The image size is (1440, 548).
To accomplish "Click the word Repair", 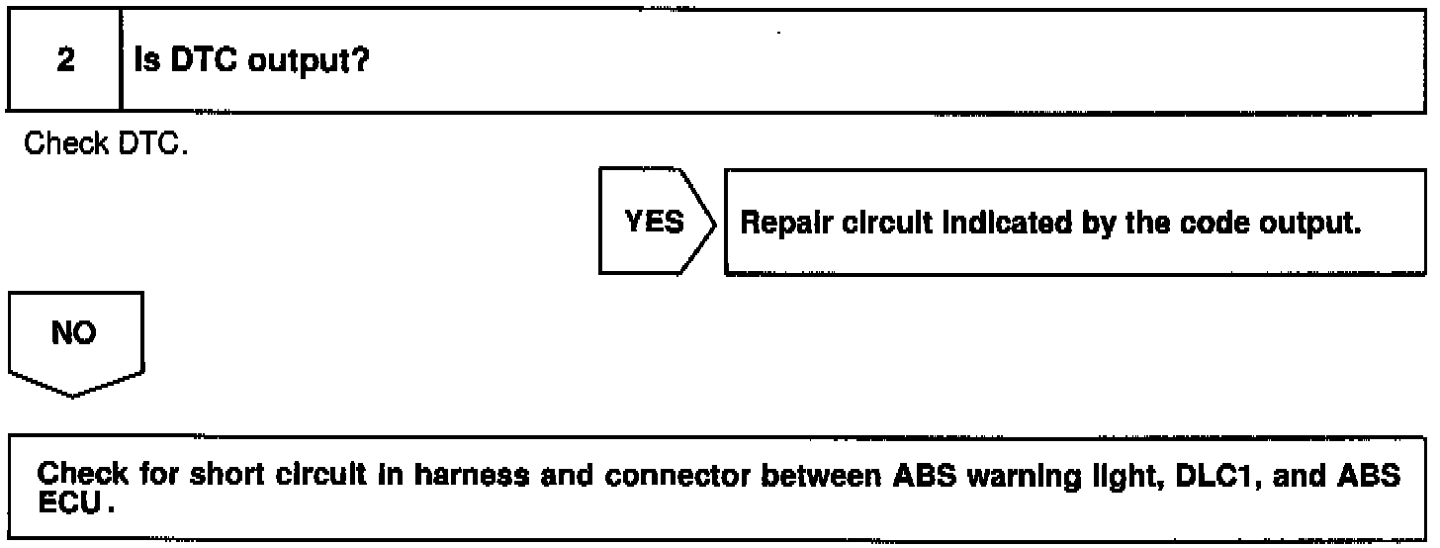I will click(x=775, y=225).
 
